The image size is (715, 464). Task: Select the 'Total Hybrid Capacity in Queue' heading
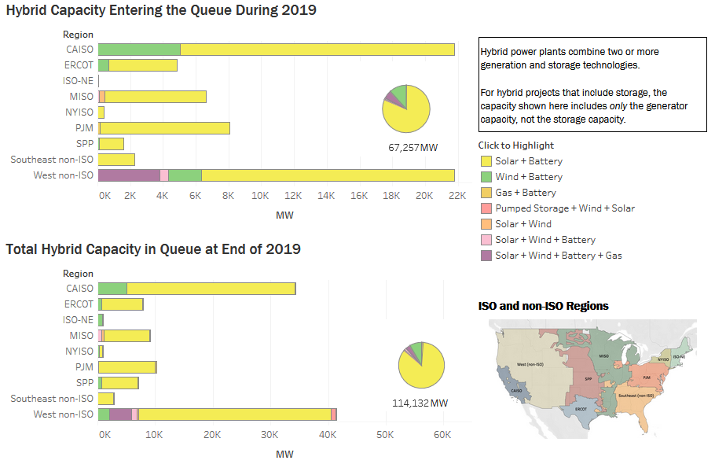coord(153,249)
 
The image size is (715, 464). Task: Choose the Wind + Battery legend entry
coord(529,177)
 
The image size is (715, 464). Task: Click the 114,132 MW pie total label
coord(420,403)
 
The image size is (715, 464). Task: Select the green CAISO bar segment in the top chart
coord(139,50)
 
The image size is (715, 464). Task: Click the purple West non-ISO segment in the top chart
coord(129,175)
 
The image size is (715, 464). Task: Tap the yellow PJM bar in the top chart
coord(165,128)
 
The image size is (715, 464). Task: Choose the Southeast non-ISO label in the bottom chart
coord(52,399)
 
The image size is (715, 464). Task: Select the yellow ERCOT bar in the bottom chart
coord(122,304)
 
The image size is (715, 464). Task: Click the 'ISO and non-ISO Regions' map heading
coord(543,306)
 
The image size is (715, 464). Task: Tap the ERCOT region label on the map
coord(581,410)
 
